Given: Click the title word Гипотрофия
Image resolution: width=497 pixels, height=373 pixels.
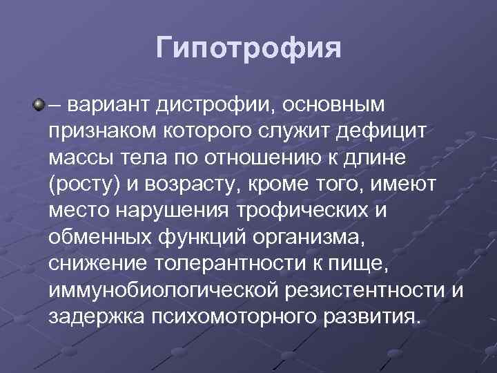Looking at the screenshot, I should (x=248, y=48).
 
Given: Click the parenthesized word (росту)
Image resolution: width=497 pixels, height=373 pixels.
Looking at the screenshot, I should (x=80, y=186).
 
